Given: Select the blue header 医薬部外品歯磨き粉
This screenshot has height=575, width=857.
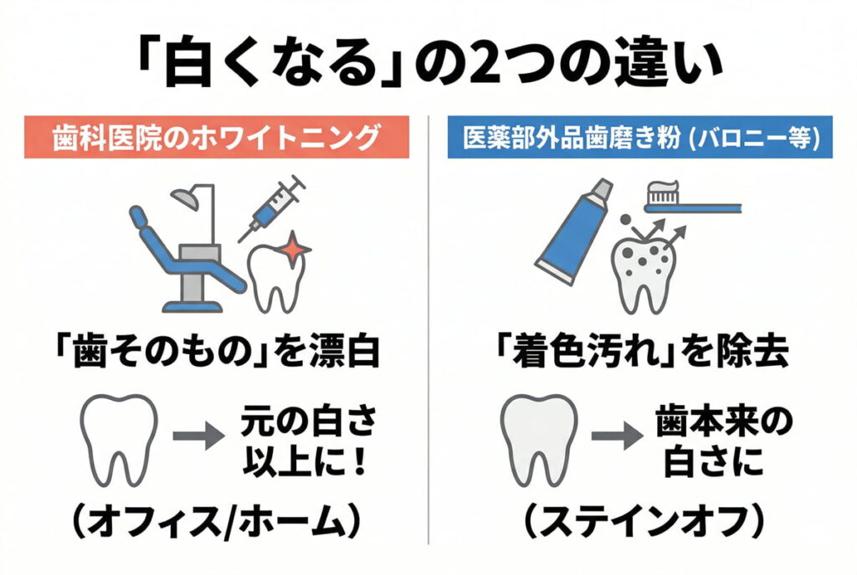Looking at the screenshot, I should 640,137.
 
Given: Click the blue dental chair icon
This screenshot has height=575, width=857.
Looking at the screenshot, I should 180,251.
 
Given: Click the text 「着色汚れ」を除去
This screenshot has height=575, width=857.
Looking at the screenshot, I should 641,352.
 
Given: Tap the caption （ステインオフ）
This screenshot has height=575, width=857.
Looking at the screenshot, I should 641,523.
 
